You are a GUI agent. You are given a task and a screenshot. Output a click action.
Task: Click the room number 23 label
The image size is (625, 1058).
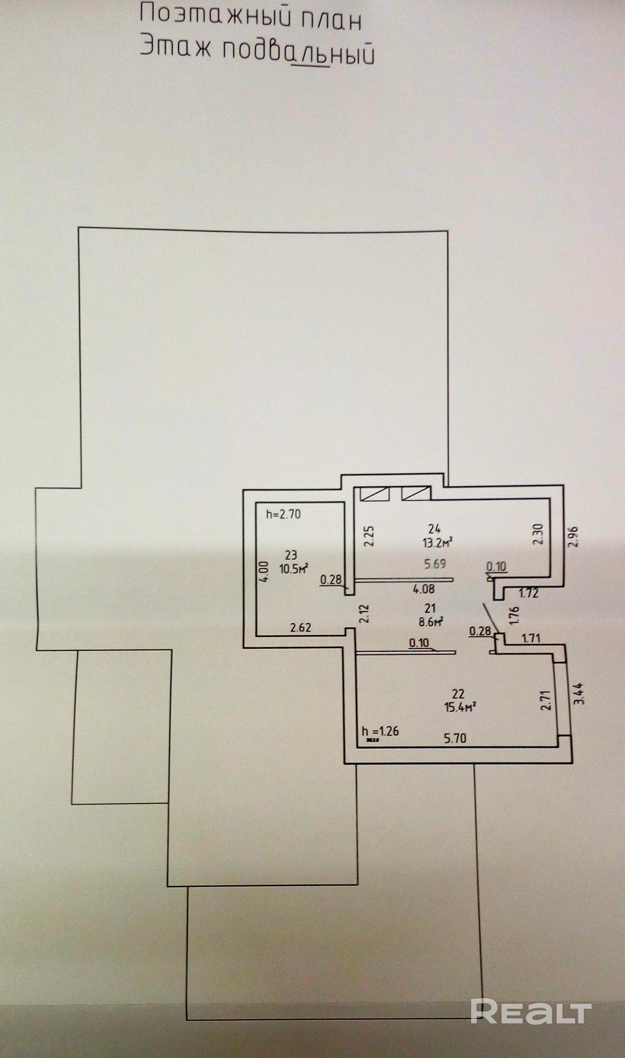[x=291, y=556]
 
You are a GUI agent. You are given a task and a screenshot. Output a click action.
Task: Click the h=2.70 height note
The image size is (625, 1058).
[x=284, y=514]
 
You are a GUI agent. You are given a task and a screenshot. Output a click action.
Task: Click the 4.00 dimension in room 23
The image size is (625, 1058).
[x=262, y=572]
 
